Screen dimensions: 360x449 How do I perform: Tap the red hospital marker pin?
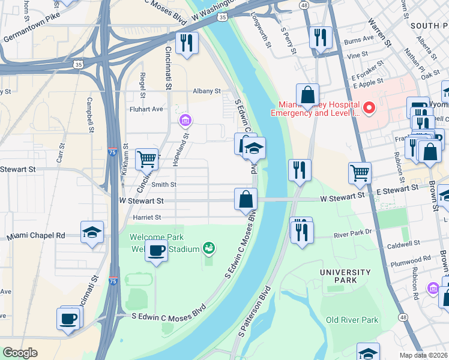tap(369, 108)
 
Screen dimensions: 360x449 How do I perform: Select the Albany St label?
tap(206, 91)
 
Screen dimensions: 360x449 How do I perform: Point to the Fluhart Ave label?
tap(146, 109)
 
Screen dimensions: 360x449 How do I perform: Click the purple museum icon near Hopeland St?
tap(185, 122)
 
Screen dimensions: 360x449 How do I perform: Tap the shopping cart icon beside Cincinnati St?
tap(146, 159)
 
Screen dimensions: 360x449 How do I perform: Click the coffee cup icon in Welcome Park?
tap(156, 250)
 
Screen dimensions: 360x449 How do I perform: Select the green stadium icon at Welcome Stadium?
tap(209, 247)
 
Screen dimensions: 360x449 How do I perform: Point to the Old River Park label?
tap(352, 320)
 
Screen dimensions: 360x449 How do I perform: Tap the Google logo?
tap(20, 353)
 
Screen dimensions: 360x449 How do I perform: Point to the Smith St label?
tap(164, 185)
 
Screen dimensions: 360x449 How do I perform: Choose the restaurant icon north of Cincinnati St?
tap(187, 43)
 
